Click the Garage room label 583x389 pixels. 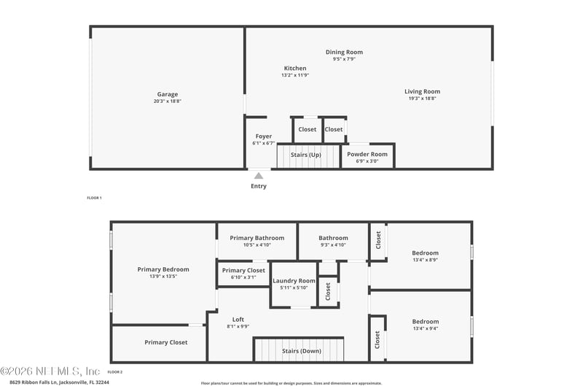tap(167, 94)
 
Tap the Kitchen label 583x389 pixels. tap(295, 69)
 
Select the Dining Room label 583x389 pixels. tap(344, 53)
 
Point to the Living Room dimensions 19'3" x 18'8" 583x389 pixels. tap(423, 99)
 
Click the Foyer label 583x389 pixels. tap(263, 136)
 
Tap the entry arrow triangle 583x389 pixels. tap(259, 175)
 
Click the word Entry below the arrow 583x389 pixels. tap(259, 186)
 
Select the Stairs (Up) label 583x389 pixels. tap(305, 155)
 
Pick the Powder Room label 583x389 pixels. tap(367, 155)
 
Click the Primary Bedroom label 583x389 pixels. tap(163, 269)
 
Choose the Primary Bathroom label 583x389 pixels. tap(257, 238)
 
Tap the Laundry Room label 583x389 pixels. tap(294, 281)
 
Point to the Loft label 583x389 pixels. tap(238, 320)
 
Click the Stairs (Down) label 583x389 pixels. tap(301, 351)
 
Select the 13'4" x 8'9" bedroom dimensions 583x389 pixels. tap(426, 260)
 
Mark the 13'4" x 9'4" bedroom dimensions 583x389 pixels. tap(426, 328)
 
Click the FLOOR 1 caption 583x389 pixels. tap(95, 199)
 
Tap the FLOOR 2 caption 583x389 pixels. tap(116, 372)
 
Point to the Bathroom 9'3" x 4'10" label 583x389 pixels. tap(333, 238)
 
